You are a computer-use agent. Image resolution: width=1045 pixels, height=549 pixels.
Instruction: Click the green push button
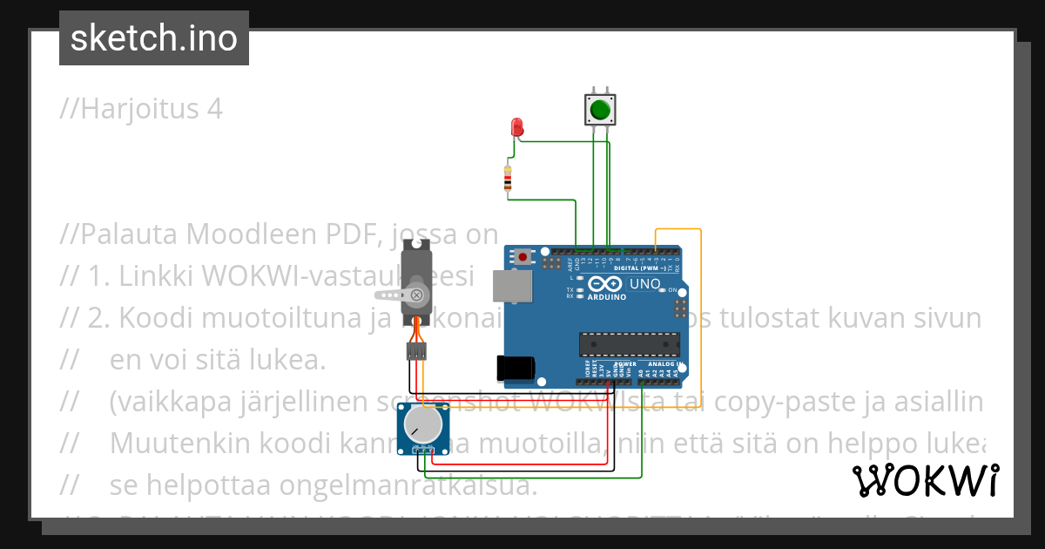(x=599, y=111)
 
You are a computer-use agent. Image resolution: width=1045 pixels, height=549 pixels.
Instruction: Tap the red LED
(x=517, y=128)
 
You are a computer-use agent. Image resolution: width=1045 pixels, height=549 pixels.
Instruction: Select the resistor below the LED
(x=509, y=179)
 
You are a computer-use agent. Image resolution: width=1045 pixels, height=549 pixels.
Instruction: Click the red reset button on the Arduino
(x=522, y=256)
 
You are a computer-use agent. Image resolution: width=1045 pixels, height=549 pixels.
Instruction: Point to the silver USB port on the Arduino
(x=510, y=286)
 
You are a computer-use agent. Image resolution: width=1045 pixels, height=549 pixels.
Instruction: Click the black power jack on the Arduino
(x=512, y=369)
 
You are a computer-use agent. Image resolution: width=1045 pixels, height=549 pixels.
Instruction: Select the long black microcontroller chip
(x=628, y=344)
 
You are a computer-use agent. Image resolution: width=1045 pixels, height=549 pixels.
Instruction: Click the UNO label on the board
(x=645, y=284)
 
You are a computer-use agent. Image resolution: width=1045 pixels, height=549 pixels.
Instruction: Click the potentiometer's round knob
(x=422, y=426)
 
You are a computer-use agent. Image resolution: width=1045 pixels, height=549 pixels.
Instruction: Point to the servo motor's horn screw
(x=417, y=295)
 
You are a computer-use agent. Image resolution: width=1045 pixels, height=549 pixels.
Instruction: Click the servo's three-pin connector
(x=417, y=351)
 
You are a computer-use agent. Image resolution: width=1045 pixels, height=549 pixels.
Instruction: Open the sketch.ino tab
(x=154, y=37)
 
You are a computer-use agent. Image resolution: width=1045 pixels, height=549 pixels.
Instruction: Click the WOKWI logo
(x=925, y=480)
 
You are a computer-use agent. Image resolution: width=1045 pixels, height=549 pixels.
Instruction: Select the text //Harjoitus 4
(x=141, y=109)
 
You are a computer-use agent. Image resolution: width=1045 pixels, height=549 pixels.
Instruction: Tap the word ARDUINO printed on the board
(x=607, y=297)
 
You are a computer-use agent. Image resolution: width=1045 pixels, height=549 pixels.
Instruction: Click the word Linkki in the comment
(x=157, y=276)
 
